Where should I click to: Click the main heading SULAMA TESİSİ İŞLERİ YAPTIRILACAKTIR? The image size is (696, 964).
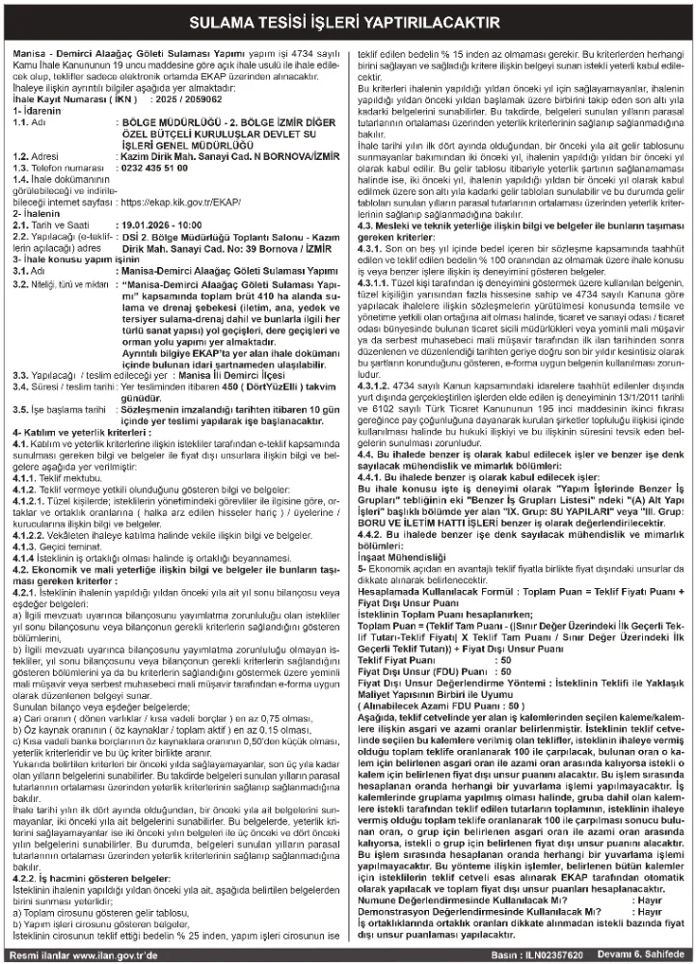348,20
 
